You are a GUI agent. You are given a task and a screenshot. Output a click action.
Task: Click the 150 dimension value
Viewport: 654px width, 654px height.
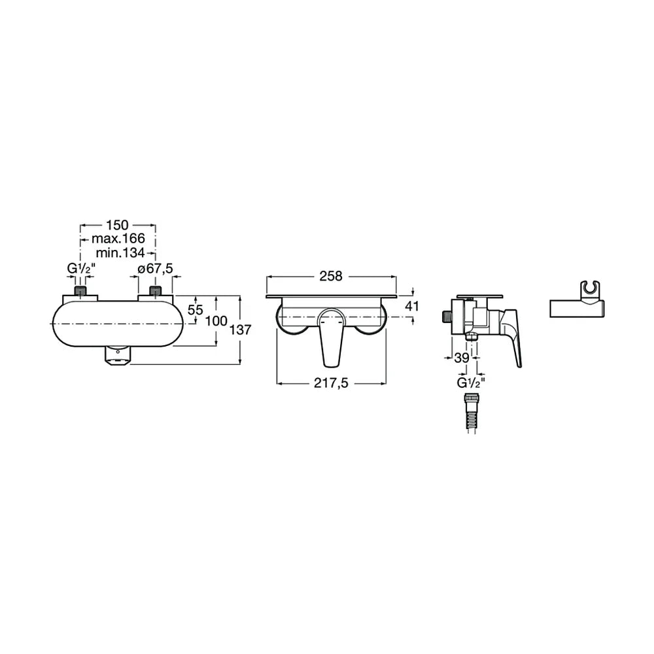(x=117, y=225)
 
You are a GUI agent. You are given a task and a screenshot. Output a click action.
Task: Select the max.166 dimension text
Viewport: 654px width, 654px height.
(x=118, y=239)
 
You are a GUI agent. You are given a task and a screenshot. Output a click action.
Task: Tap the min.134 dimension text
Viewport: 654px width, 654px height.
(x=120, y=252)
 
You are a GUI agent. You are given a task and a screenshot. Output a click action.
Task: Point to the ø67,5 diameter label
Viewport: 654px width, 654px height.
(x=155, y=269)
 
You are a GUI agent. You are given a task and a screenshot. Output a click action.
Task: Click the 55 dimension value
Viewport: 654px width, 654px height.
(x=195, y=310)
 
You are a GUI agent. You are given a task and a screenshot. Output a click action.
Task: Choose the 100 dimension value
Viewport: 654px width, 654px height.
(x=216, y=321)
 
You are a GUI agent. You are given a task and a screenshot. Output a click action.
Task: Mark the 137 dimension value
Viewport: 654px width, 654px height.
(x=240, y=330)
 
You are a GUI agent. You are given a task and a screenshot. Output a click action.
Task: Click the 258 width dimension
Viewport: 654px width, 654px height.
(x=331, y=276)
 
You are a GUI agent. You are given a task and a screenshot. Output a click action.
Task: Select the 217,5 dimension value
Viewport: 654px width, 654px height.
(x=331, y=383)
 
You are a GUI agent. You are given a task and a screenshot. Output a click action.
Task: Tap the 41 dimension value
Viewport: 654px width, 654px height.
(x=412, y=306)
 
